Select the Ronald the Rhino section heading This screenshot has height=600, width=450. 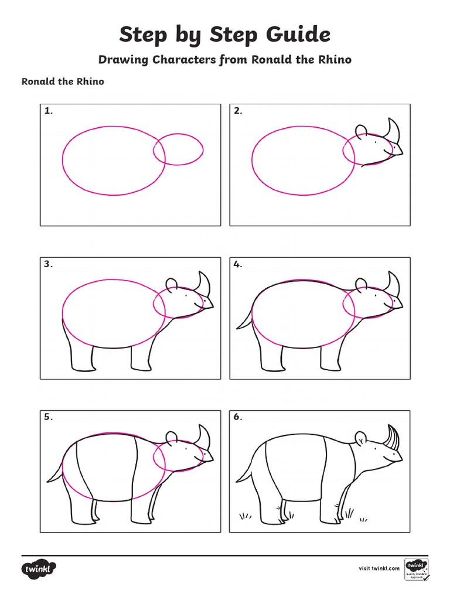[63, 81]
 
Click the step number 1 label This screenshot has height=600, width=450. [47, 111]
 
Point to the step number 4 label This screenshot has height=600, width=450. [237, 264]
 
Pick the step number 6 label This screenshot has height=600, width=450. [237, 417]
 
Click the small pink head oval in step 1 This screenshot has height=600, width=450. [179, 149]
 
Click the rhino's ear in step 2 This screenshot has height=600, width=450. [361, 131]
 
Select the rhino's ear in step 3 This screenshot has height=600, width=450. [172, 285]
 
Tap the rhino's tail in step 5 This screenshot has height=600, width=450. [54, 472]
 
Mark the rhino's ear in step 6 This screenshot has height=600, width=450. [361, 438]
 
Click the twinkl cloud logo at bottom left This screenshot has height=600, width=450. [39, 568]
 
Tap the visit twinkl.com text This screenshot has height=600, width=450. [379, 568]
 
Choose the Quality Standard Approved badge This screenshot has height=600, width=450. [417, 569]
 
